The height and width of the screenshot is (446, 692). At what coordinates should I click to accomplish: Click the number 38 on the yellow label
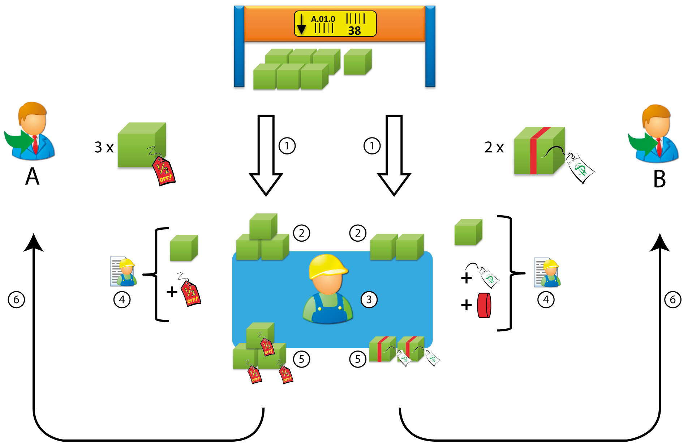pos(354,31)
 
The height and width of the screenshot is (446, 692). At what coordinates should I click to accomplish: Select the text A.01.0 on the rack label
pos(323,19)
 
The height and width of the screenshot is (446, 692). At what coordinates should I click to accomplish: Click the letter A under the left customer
pos(32,177)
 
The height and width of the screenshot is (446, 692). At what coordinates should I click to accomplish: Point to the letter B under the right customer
pos(659,179)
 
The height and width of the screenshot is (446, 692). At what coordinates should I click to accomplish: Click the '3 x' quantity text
pos(104,147)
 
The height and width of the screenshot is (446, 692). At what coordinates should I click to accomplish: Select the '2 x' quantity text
pos(494,147)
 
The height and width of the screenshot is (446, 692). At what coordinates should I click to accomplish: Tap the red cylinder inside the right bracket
pos(484,305)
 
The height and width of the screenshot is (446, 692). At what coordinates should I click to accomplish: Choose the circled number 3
pos(369,300)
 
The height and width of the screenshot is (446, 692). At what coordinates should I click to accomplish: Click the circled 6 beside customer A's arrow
pos(16,300)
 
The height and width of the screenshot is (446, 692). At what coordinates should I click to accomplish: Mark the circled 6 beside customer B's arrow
pos(673,300)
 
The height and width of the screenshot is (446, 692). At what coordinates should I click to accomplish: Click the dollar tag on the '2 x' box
pos(580,168)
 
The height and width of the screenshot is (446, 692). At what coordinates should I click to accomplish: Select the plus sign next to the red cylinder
pos(467,305)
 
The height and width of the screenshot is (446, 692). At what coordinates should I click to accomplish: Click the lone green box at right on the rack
pos(357,62)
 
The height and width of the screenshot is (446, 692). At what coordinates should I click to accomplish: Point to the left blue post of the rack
pos(239,46)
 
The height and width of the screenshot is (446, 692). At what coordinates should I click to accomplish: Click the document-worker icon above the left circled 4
pos(123,272)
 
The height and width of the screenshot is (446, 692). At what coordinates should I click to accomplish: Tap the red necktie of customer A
pos(35,144)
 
